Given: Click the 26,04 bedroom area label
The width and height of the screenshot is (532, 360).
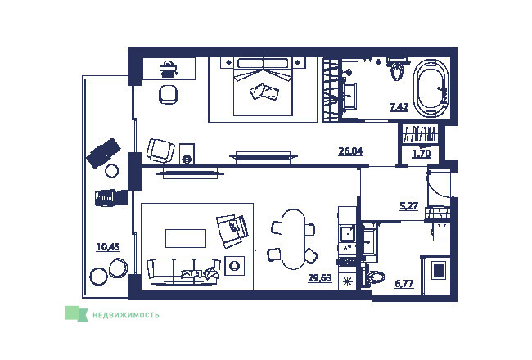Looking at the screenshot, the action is (351, 151).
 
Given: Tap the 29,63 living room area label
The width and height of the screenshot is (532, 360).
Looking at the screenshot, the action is (319, 278).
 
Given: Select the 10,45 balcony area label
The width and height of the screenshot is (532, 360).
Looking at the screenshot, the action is (108, 246).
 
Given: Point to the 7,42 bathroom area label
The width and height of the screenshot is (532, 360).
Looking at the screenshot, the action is (399, 107).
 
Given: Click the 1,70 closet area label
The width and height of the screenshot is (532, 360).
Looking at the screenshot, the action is (422, 154).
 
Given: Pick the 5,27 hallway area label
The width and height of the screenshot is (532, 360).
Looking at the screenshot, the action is (409, 206).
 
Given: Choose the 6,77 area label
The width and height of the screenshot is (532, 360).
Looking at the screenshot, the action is (404, 283).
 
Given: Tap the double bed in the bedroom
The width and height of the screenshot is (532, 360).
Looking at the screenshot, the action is (263, 87).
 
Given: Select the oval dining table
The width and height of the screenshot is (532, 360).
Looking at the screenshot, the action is (294, 239).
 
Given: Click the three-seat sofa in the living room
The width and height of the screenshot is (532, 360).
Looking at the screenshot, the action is (183, 272).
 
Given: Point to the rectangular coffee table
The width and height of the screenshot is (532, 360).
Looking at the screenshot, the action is (185, 238).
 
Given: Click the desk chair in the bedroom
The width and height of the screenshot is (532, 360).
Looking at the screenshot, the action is (168, 94).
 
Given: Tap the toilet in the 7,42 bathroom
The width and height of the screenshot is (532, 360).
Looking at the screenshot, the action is (396, 70).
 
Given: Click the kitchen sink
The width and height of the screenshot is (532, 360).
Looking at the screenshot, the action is (347, 233).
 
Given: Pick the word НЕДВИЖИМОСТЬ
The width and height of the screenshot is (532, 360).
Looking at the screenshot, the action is (125, 315).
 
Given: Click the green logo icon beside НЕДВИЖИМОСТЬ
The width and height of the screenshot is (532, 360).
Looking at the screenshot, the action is (76, 313).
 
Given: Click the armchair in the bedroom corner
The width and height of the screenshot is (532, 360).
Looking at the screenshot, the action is (160, 151).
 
